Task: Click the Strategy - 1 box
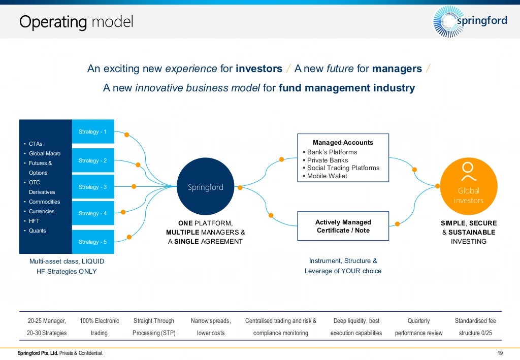(93, 132)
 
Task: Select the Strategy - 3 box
(93, 187)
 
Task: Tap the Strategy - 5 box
(93, 242)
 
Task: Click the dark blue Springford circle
(206, 187)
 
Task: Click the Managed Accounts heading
(343, 143)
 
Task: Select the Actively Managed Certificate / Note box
(343, 226)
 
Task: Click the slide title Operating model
(76, 22)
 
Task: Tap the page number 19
(500, 353)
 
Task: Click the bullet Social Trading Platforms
(343, 168)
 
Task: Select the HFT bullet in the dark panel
(34, 221)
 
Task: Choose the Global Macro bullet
(44, 153)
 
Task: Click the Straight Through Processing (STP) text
(153, 327)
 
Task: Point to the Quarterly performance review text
(418, 327)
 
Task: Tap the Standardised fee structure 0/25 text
(475, 327)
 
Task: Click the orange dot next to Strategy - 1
(127, 135)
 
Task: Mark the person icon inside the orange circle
(468, 172)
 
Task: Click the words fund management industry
(347, 88)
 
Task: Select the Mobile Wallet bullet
(327, 176)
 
